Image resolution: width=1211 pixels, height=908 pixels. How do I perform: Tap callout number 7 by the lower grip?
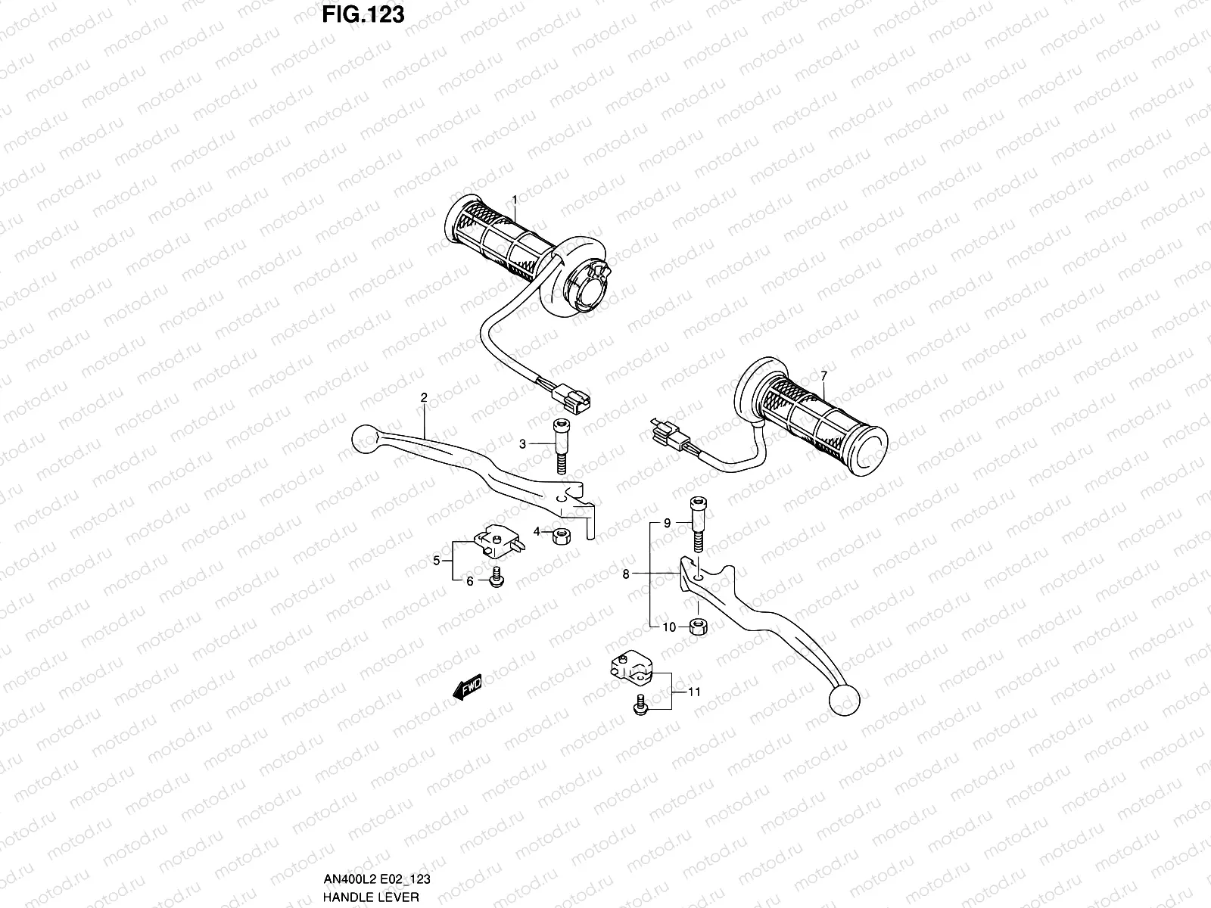click(823, 376)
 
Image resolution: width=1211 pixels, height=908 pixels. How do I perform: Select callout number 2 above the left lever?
click(424, 397)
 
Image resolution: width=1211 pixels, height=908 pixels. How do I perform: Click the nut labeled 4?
click(562, 536)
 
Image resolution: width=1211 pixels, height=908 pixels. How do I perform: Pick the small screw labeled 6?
click(497, 577)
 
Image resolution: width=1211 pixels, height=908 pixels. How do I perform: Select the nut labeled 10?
click(698, 627)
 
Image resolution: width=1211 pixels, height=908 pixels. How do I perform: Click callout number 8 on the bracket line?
click(626, 574)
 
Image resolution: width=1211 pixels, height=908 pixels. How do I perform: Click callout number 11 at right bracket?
click(694, 692)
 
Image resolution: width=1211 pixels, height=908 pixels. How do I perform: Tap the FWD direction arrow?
click(468, 687)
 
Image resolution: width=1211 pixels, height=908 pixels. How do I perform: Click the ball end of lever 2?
click(366, 437)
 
